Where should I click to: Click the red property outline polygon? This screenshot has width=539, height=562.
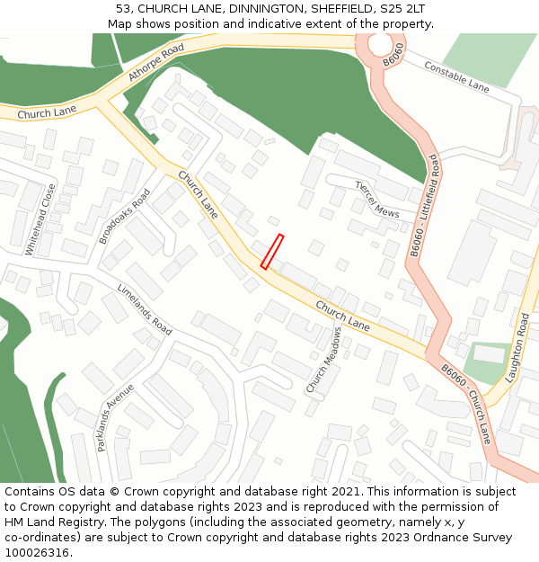coord(272,251)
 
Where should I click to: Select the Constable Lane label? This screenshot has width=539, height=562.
coord(456,77)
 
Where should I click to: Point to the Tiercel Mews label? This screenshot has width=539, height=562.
coord(377,200)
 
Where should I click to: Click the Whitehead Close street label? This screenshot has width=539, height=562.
coord(41,219)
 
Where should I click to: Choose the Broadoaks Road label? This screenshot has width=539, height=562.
coord(125,216)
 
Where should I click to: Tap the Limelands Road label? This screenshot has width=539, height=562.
coord(144,309)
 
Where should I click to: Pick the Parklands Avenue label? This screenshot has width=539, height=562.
coord(115,417)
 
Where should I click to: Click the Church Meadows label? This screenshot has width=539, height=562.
coord(323,359)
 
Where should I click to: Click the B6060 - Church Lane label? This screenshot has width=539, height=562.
coord(466,403)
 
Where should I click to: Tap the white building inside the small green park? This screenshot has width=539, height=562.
coord(489,354)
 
